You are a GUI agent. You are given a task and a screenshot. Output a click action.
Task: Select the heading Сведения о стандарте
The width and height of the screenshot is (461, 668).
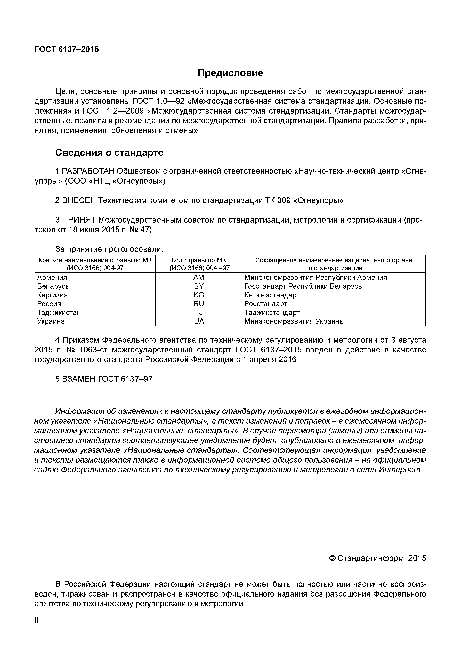(x=109, y=153)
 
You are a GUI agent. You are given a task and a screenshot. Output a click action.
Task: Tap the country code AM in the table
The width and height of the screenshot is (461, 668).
(x=199, y=277)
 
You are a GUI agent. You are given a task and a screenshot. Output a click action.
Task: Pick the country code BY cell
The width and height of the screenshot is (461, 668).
(x=199, y=286)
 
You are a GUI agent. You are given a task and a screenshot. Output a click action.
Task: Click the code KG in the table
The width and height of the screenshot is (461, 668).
(x=199, y=295)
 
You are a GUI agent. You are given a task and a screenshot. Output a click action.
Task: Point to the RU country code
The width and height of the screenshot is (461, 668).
(x=199, y=304)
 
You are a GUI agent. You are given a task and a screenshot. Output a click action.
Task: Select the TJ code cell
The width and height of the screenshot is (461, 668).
(x=199, y=313)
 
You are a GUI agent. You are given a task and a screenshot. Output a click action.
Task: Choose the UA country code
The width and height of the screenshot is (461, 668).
(x=199, y=321)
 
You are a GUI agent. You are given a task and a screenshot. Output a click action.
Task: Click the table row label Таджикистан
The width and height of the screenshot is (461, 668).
(x=59, y=313)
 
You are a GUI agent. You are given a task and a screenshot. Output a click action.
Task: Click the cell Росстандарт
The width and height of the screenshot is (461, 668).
(x=266, y=304)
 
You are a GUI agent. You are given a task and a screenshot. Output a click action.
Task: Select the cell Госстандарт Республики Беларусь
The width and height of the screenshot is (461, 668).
(x=303, y=286)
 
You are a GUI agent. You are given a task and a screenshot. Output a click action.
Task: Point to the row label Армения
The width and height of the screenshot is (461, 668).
(x=52, y=277)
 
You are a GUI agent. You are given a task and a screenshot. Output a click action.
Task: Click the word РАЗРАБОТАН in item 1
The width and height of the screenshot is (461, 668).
(x=88, y=171)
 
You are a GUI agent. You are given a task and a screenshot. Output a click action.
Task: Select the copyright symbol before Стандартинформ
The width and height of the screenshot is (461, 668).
(x=332, y=558)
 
